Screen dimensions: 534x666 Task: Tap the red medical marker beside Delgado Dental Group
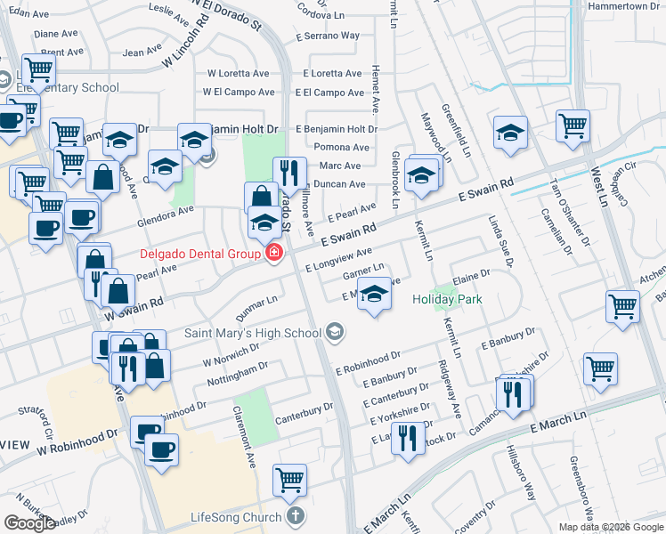pos(274,254)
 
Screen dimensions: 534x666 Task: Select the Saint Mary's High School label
pos(253,333)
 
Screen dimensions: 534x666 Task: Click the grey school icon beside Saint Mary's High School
pos(335,333)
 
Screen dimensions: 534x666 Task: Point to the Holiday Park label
pos(447,299)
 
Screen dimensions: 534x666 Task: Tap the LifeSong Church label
pos(236,516)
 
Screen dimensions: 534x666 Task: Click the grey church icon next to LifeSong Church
pos(296,516)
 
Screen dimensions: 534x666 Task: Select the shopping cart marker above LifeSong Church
pos(290,481)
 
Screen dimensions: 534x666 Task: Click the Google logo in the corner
pos(28,523)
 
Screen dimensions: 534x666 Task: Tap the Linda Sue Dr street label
pos(500,240)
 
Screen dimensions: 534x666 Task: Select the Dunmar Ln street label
pos(257,309)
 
